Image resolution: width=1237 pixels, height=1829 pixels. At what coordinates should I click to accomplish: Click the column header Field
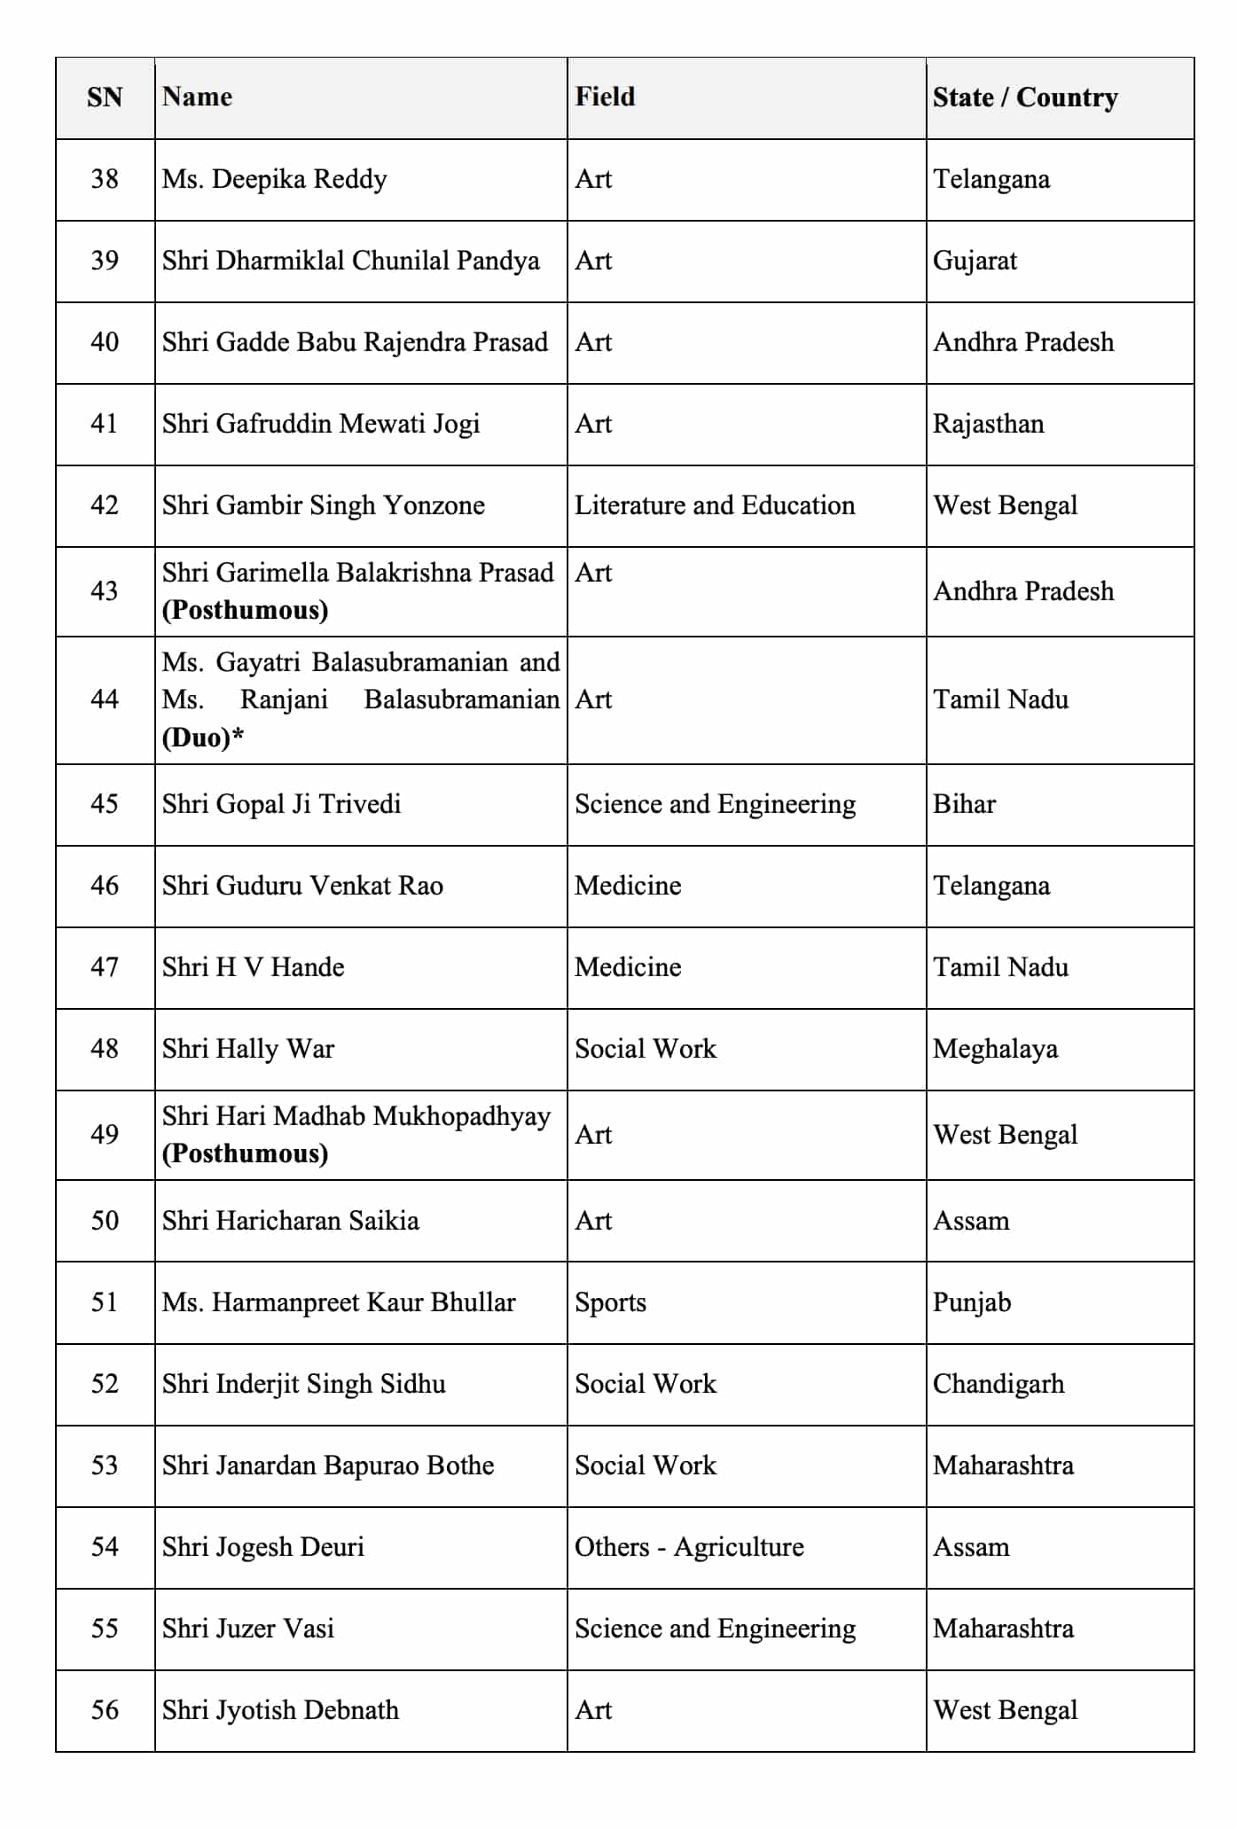click(605, 97)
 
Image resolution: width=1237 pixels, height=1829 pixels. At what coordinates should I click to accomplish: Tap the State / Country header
click(1024, 97)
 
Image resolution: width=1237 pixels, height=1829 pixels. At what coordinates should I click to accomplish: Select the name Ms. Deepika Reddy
click(274, 179)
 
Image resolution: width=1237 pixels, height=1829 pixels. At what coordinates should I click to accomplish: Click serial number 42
click(105, 505)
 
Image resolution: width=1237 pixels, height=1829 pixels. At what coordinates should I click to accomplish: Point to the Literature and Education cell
click(715, 505)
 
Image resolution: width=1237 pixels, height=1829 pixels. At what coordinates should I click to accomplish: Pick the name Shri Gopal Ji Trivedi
click(281, 804)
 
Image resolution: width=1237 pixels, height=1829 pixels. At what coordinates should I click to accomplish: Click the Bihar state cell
click(964, 804)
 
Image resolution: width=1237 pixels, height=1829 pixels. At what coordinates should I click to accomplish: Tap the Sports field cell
click(610, 1302)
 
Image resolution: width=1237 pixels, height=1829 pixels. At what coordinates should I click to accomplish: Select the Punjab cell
click(972, 1302)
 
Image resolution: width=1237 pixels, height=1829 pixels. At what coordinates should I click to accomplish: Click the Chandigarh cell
click(998, 1384)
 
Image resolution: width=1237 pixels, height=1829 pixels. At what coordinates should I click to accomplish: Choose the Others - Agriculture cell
click(689, 1547)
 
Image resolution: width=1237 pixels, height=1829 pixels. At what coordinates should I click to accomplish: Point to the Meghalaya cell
click(995, 1049)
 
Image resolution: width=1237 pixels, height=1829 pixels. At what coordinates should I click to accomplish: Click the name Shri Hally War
click(248, 1049)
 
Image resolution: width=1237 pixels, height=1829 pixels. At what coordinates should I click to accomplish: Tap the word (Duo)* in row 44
click(202, 738)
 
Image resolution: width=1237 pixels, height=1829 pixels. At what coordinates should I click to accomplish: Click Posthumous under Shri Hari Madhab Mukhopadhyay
click(246, 1153)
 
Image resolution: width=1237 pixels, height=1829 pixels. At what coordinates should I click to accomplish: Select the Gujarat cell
click(975, 261)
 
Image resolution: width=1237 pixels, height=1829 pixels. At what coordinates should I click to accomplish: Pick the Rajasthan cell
click(988, 424)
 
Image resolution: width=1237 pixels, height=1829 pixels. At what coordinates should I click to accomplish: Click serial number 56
click(105, 1710)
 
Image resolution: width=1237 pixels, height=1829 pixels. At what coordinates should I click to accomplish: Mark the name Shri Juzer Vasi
click(248, 1629)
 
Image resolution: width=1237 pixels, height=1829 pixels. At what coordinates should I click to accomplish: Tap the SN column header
click(105, 97)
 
